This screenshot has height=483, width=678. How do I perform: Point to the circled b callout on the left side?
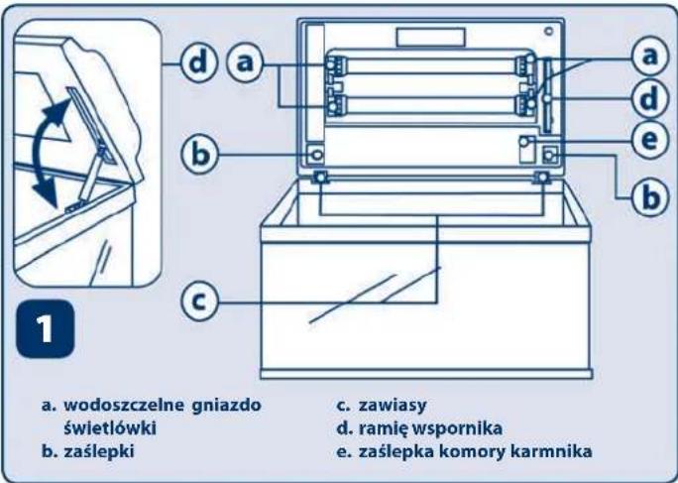pos(197,155)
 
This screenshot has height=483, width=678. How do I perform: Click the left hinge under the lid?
pos(322,177)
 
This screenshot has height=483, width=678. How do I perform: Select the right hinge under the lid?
pos(542,177)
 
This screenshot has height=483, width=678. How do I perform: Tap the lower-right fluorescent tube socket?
pos(525,104)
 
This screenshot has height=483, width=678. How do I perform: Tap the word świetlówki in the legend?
pos(97,426)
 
